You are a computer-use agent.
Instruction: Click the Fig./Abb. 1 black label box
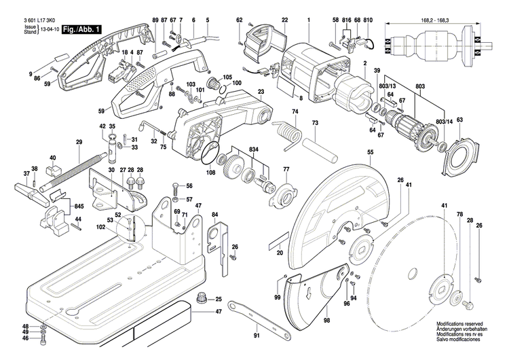(x=81, y=30)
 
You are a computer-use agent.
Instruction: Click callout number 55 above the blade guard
(x=370, y=154)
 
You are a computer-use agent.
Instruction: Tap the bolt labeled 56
(x=176, y=187)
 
